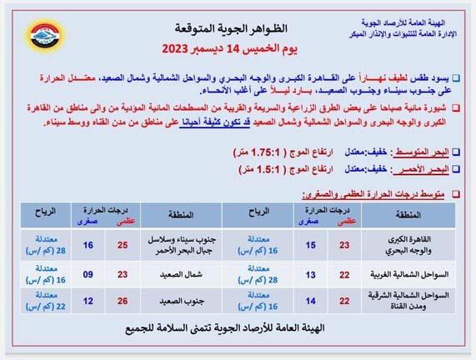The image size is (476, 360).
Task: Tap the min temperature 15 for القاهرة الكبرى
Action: pos(310,246)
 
